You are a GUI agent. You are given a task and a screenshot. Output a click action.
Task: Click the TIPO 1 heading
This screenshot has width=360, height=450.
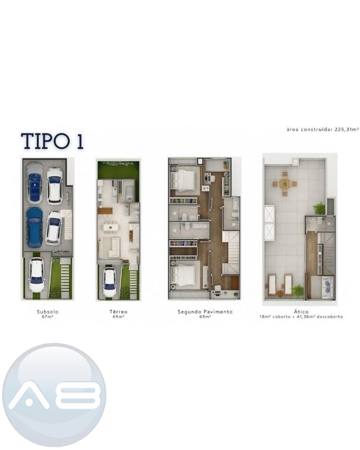pyautogui.click(x=53, y=141)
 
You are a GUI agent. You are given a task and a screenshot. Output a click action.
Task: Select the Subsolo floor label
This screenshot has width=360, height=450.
pyautogui.click(x=47, y=311)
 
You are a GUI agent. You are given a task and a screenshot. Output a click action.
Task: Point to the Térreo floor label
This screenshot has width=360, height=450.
pyautogui.click(x=118, y=311)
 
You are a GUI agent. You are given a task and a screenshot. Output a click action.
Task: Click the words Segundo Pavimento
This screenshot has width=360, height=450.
pyautogui.click(x=205, y=311)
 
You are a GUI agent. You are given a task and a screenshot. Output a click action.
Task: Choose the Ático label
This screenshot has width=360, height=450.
pyautogui.click(x=301, y=311)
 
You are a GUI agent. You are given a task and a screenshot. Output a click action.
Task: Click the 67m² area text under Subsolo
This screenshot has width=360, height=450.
pyautogui.click(x=47, y=317)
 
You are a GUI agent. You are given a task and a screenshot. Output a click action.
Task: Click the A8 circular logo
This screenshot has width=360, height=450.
pyautogui.click(x=55, y=394)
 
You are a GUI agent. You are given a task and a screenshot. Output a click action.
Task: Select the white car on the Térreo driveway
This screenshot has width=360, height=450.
pyautogui.click(x=110, y=282)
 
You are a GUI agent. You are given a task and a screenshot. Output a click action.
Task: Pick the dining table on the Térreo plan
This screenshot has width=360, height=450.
pyautogui.click(x=111, y=227)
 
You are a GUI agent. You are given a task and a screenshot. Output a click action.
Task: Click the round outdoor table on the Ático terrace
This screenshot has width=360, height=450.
pyautogui.click(x=285, y=183)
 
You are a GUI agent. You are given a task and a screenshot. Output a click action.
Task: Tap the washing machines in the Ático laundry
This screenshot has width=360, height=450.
pyautogui.click(x=328, y=287)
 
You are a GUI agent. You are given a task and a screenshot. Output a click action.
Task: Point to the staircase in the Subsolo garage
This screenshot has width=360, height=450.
pyautogui.click(x=68, y=225)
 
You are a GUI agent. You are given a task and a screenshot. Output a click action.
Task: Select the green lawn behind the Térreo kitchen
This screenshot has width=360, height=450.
pyautogui.click(x=118, y=170)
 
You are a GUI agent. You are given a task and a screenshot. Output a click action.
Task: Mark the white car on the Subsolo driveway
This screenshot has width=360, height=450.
pyautogui.click(x=37, y=275)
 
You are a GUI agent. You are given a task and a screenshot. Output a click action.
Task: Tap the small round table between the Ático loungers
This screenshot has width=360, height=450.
pyautogui.click(x=280, y=294)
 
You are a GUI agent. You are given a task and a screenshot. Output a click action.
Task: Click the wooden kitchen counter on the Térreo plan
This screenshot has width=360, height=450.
pyautogui.click(x=105, y=211)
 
